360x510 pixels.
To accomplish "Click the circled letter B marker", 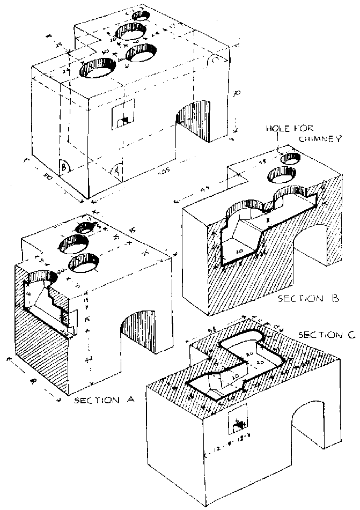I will click(x=64, y=166).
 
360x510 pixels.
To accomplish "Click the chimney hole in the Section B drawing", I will click(x=291, y=158).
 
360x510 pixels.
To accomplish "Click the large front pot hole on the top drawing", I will click(x=98, y=69).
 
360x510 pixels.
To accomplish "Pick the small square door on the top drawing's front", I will click(x=123, y=115).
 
